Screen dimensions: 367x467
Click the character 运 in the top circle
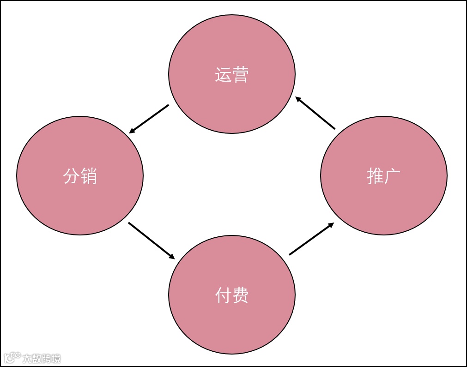223,75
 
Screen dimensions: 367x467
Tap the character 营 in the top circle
241,75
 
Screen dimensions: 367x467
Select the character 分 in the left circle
71,176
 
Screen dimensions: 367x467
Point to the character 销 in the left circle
89,176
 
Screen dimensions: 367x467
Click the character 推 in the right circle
375,176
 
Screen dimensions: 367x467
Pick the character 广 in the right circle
393,176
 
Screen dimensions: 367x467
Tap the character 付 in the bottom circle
223,295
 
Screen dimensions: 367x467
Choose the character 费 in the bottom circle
241,295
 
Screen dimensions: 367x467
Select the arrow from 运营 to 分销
149,119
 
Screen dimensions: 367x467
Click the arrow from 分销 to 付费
152,241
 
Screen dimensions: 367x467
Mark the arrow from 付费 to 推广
311,238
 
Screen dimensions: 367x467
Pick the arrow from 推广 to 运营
315,112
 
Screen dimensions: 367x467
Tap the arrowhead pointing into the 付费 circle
172,257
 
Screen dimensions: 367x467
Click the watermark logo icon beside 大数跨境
12,358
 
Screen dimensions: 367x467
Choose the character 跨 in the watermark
46,358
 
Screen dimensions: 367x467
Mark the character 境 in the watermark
56,358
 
